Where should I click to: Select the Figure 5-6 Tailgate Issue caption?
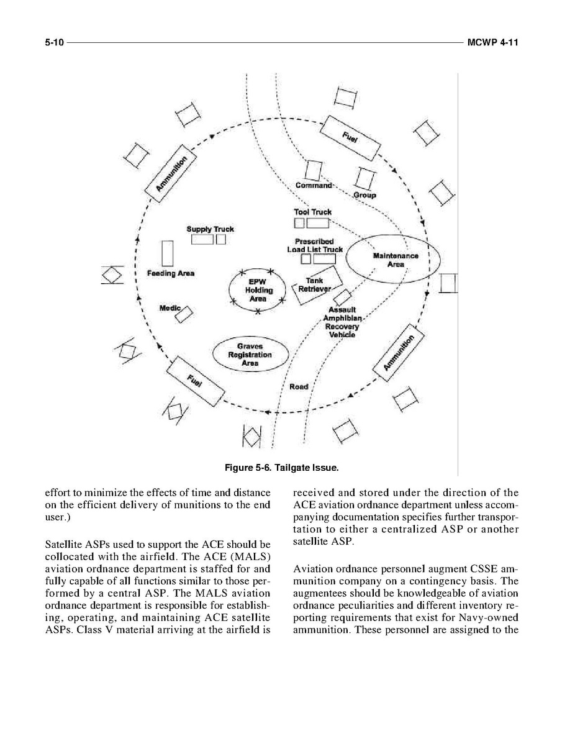(287, 465)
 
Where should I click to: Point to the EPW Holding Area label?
(258, 290)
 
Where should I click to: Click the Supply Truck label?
(210, 229)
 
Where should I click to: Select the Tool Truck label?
(312, 212)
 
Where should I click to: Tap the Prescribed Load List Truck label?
(314, 245)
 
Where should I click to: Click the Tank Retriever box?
(317, 285)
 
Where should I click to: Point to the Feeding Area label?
(171, 273)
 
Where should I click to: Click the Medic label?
(170, 308)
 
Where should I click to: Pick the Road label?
(299, 386)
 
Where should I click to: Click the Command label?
(314, 185)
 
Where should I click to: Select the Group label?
(364, 195)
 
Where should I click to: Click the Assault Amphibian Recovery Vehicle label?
(343, 322)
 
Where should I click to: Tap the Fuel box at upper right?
(353, 138)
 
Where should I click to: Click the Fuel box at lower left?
(195, 381)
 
